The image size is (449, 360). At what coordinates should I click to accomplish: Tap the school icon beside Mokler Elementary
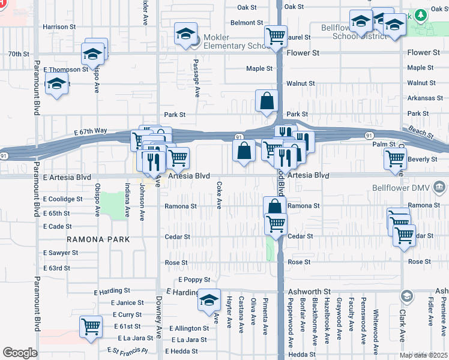[x=186, y=34]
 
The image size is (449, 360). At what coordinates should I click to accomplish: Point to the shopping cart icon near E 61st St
[x=91, y=327]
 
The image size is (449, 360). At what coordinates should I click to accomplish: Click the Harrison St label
[x=59, y=27]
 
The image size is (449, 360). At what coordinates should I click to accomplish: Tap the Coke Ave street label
[x=219, y=195]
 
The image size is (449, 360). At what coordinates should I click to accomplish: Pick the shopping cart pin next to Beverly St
[x=395, y=158]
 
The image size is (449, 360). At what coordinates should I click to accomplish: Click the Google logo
[x=20, y=353]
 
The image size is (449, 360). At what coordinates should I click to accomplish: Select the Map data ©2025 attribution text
[x=423, y=355]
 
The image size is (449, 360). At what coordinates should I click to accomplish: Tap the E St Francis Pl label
[x=127, y=350]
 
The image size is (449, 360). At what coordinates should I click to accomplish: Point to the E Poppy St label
[x=194, y=280]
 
